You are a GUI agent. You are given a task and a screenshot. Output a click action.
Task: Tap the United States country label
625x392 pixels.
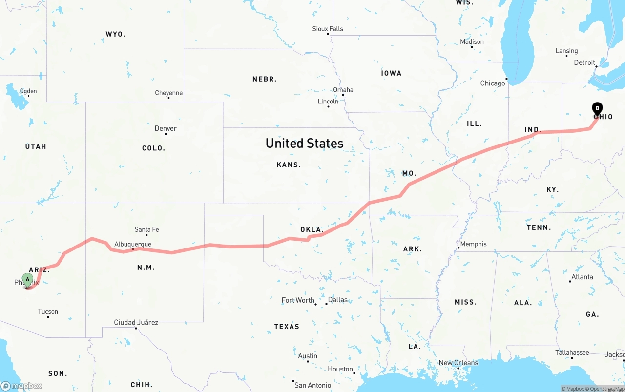304,143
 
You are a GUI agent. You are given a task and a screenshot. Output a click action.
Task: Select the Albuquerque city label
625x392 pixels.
133,244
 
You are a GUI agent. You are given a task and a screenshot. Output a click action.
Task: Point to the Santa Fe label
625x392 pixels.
146,229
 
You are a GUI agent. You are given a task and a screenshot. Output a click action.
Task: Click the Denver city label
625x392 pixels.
166,128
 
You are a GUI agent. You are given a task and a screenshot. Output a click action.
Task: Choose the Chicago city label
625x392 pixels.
493,83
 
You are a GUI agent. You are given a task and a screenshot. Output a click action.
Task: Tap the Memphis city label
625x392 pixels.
473,244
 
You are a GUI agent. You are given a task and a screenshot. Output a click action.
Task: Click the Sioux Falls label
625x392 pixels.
328,29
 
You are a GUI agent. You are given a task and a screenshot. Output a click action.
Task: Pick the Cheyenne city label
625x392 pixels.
169,93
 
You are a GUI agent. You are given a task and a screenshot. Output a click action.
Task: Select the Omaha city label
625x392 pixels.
343,90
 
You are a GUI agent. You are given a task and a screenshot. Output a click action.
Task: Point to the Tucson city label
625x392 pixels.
48,311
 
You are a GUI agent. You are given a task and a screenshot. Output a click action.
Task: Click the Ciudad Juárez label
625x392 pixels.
136,322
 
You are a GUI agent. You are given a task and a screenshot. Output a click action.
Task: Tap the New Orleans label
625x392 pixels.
458,363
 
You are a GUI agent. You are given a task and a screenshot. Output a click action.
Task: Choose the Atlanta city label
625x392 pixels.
582,277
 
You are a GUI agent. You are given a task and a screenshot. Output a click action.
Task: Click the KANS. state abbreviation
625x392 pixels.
289,165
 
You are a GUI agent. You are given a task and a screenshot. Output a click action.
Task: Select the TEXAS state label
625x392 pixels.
287,326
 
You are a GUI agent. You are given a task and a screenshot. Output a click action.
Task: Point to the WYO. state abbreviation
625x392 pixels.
116,34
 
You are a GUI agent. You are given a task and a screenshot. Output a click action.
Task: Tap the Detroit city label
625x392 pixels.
584,62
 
